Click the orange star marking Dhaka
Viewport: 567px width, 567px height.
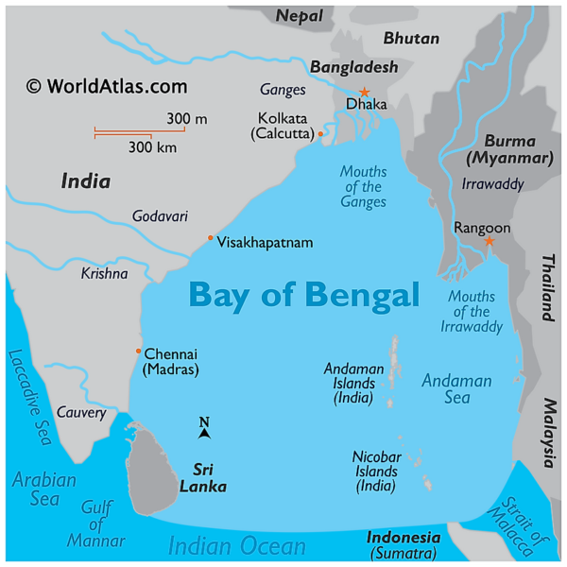click(365, 92)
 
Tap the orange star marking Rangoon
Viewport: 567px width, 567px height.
click(489, 242)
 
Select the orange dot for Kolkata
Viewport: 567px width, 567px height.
click(320, 134)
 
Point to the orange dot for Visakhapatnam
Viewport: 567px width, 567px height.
click(211, 237)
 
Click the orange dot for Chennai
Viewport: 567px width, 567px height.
click(138, 351)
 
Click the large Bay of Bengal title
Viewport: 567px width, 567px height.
click(303, 295)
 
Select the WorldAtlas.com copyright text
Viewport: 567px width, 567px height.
click(107, 86)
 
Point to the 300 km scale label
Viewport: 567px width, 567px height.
click(153, 147)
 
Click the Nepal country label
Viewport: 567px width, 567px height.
click(300, 15)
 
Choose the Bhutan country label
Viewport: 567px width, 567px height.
click(411, 39)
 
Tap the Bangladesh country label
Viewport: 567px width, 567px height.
click(353, 67)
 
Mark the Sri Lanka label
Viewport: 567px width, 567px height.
click(210, 477)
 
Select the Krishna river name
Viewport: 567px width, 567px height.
click(104, 273)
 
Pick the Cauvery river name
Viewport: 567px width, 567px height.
click(80, 412)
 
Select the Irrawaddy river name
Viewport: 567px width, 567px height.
click(492, 184)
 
